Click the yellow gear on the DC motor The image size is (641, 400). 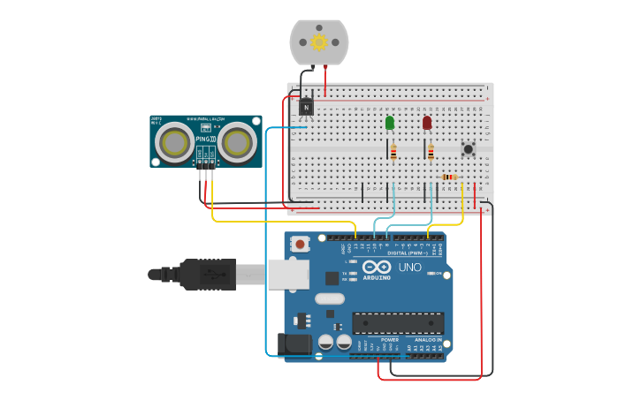click(319, 42)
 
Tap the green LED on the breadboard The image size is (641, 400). click(390, 123)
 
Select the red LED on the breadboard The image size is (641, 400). click(427, 122)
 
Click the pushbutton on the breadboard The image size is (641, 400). click(468, 147)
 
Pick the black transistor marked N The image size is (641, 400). click(306, 107)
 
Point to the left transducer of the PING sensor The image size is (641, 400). click(174, 141)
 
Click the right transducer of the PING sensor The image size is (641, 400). click(238, 141)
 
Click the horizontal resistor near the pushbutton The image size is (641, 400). click(450, 177)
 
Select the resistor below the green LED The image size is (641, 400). click(393, 153)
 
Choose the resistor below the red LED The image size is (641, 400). click(431, 153)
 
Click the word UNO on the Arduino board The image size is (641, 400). click(409, 267)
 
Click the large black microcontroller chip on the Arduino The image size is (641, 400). click(398, 324)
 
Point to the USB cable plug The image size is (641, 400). click(208, 275)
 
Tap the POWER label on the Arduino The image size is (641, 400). click(390, 339)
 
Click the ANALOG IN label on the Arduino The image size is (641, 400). click(427, 339)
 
